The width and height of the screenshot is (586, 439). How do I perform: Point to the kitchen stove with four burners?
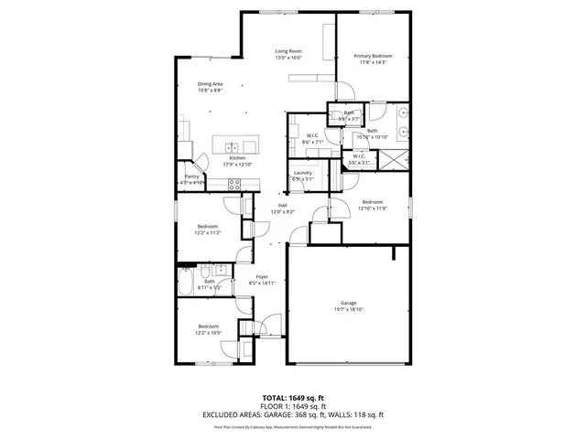(x=233, y=183)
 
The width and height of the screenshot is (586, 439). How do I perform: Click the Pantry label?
(x=192, y=179)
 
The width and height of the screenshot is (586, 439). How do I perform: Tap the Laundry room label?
(x=303, y=176)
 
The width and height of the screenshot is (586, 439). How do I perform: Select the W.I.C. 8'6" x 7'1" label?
(x=312, y=139)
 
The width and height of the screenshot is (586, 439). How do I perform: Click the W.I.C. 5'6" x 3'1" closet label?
(x=358, y=159)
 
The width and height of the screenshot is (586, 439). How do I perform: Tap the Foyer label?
(x=261, y=279)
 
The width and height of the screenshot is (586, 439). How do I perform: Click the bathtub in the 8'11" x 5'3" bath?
(x=186, y=283)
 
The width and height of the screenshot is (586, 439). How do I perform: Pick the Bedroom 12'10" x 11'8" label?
(x=374, y=205)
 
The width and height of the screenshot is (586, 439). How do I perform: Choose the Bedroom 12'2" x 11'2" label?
(x=208, y=229)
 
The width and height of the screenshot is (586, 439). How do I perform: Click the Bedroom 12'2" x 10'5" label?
(x=208, y=329)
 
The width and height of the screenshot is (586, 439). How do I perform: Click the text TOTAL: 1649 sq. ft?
(x=293, y=400)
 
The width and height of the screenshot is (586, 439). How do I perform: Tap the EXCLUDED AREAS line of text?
(x=293, y=415)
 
